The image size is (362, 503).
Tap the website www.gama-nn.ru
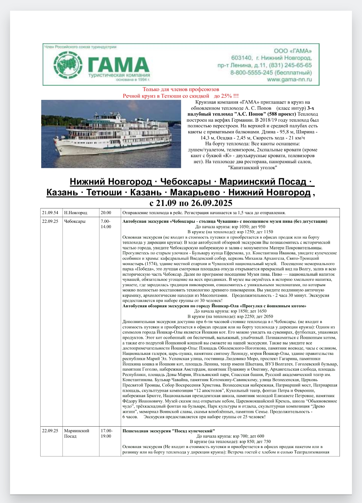pos(289,80)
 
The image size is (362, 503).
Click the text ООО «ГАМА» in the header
pos(293,51)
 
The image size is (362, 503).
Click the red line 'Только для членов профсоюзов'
pos(181,89)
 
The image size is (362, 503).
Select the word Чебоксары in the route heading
pos(185,182)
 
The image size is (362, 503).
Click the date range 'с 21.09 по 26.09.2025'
pos(191,203)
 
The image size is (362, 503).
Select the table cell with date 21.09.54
pos(50,213)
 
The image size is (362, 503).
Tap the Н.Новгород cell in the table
pos(76,213)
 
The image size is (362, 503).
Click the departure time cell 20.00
pos(106,213)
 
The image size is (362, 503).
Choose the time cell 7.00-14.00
pos(106,224)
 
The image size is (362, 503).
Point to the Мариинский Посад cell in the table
pos(77,433)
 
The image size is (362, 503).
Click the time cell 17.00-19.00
pos(107,433)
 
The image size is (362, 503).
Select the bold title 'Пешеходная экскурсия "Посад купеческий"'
pos(169,431)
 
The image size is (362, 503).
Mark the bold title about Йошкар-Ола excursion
pos(214,306)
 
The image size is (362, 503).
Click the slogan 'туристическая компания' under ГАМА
pos(119,75)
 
